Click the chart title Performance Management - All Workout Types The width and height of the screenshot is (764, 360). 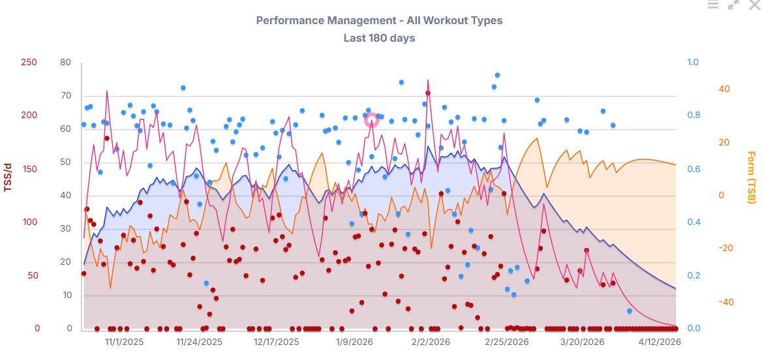coord(379,20)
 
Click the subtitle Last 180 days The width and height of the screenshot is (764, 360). coord(379,38)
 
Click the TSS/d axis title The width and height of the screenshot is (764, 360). coord(8,177)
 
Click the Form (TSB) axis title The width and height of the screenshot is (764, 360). coord(751,177)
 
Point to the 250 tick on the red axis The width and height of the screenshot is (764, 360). coord(29,63)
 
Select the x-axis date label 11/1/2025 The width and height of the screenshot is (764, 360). coord(125,342)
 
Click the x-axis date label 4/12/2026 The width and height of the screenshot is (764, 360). coord(659,342)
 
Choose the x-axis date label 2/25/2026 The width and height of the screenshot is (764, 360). coord(506,342)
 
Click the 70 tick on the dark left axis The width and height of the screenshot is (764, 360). coord(65,96)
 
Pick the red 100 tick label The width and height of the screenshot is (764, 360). coord(29,222)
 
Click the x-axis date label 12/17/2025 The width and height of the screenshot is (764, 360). coord(276,342)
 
